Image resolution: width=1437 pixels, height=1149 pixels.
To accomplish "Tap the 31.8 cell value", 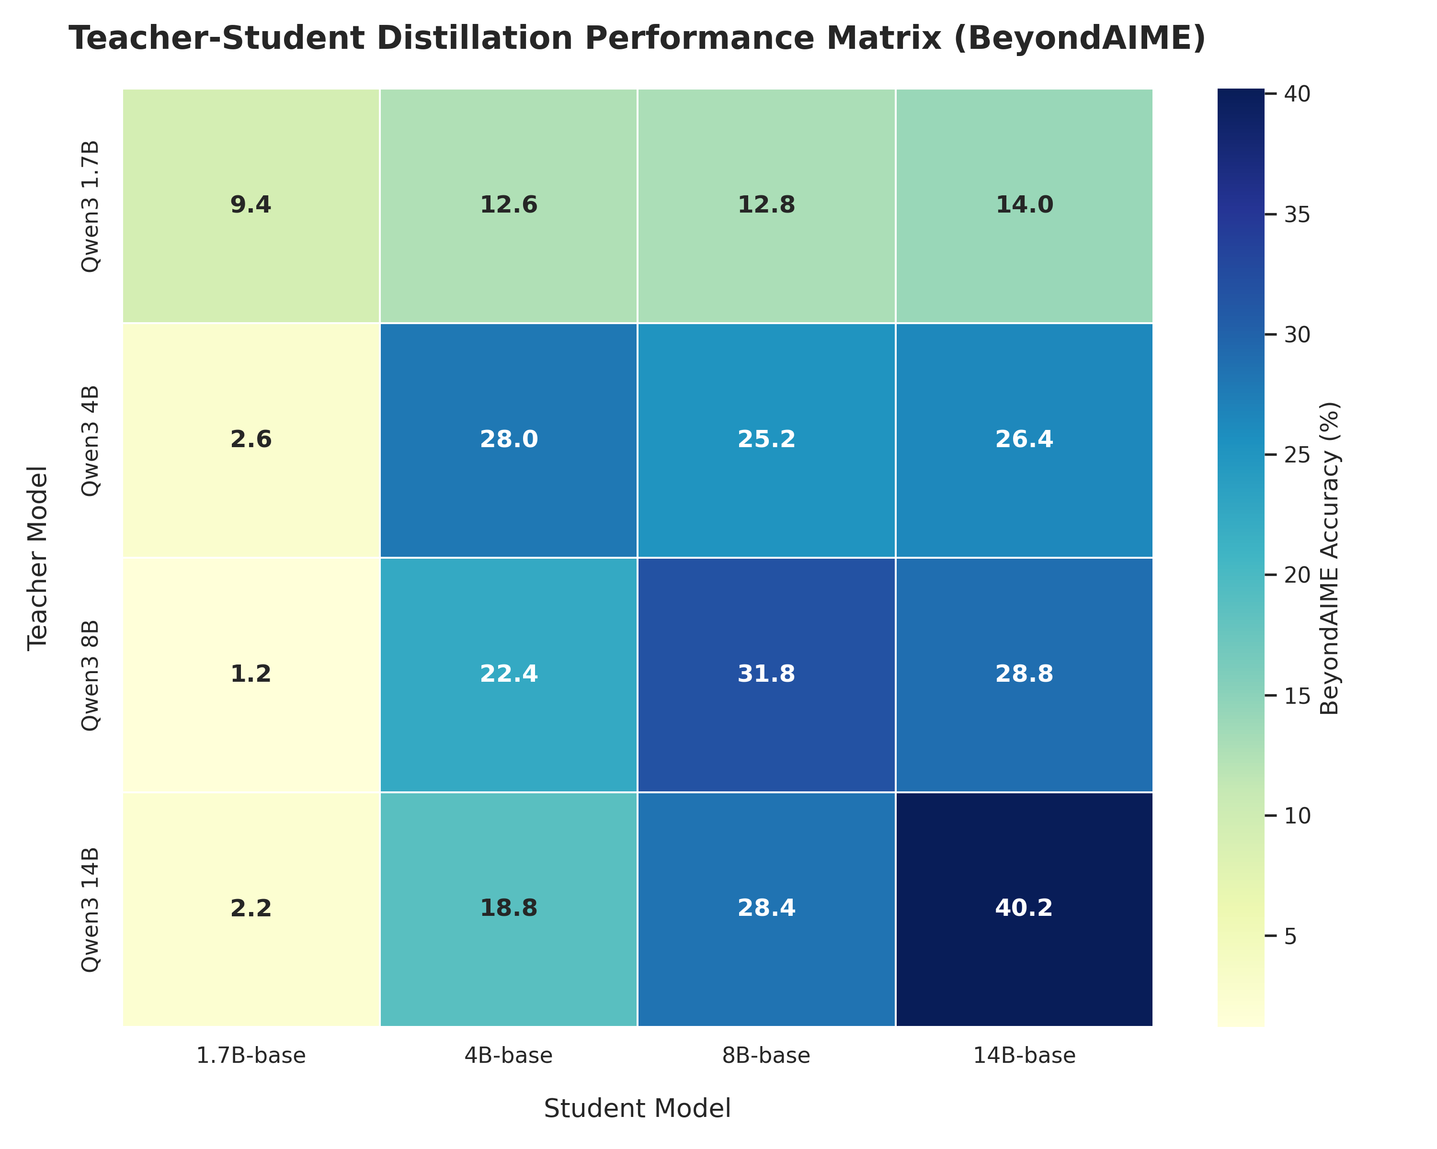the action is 766,674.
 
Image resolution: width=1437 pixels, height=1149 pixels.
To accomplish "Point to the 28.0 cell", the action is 509,439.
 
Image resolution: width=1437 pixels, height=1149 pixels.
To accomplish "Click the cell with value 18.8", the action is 509,909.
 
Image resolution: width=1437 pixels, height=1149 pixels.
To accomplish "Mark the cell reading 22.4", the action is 509,674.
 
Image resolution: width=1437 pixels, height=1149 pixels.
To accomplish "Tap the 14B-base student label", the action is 1025,1056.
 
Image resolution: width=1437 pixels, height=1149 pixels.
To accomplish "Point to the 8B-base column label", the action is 766,1056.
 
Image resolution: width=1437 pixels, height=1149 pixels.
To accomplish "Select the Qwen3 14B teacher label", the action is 90,909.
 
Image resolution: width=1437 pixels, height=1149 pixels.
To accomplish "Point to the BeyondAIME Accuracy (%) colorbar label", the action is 1329,558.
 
